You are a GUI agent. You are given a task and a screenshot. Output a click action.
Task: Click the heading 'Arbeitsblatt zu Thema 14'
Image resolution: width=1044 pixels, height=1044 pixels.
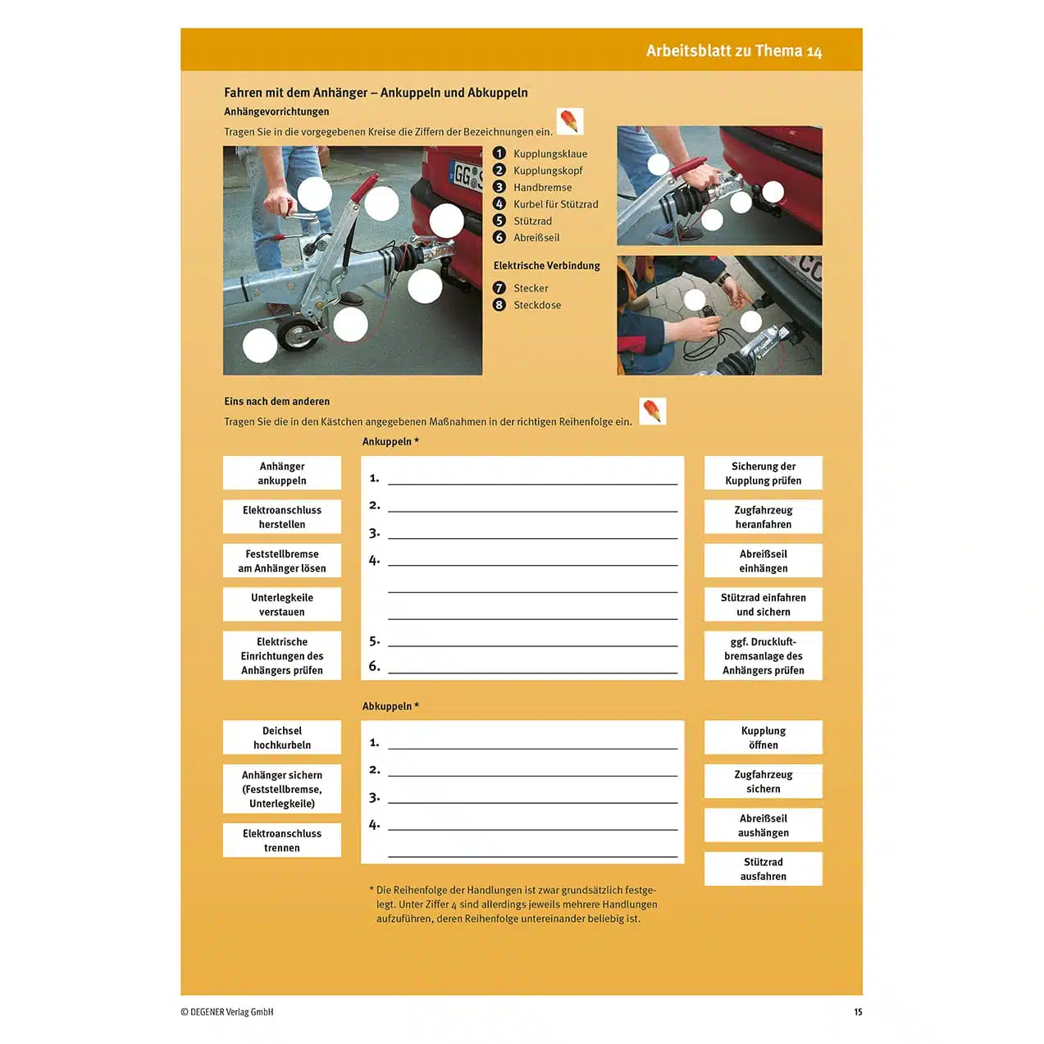(733, 51)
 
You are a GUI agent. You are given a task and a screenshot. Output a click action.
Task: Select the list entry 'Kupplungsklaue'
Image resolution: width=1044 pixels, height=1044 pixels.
(549, 154)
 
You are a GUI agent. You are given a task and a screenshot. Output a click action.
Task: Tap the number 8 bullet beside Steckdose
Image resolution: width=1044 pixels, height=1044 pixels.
(499, 305)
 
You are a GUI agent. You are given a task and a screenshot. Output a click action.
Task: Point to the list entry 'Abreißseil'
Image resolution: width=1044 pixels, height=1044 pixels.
(536, 238)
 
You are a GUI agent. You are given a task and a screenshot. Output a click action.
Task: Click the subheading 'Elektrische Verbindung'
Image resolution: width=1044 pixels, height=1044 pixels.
(546, 266)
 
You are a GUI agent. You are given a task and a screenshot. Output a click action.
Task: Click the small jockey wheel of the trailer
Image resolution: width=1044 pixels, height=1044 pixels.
(295, 335)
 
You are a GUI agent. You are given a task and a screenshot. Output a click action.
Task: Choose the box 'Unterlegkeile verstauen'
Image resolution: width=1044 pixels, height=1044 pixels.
(282, 604)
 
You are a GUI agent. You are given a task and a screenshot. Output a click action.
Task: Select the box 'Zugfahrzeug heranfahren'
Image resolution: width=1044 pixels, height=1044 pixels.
(763, 517)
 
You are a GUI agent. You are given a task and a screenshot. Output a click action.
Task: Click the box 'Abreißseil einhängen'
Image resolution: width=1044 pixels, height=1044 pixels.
(763, 561)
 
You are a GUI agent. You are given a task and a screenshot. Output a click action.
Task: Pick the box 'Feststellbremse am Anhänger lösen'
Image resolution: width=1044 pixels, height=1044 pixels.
(282, 561)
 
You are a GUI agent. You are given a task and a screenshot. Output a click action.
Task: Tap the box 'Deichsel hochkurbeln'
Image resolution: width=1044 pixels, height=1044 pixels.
(282, 737)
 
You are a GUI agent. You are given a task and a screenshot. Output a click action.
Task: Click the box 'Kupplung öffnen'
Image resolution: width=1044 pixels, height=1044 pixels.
(763, 737)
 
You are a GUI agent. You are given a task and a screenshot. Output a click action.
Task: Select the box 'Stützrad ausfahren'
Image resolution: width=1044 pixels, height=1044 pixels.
(763, 868)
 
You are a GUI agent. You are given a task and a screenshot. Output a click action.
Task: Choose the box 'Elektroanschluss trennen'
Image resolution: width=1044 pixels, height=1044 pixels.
(282, 840)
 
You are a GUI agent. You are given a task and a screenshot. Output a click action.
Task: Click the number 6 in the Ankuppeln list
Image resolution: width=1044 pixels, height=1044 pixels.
(374, 666)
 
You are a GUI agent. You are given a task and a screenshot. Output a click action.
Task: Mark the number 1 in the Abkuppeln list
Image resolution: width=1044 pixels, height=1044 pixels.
(374, 742)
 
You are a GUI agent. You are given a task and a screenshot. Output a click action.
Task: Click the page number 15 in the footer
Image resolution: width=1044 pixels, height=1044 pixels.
(858, 1012)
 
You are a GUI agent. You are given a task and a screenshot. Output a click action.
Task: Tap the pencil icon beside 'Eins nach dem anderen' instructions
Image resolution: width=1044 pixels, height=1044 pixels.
(653, 411)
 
